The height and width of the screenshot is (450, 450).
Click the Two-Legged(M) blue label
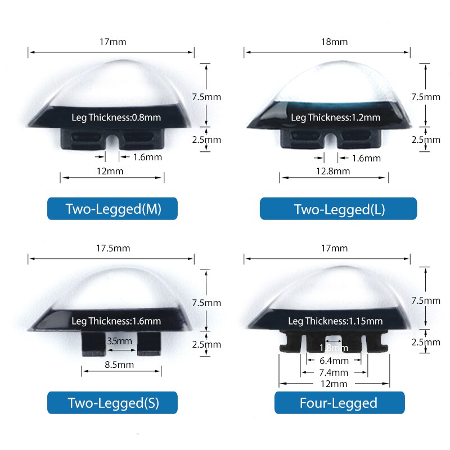click(x=112, y=209)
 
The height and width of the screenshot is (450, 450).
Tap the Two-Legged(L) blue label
click(x=339, y=209)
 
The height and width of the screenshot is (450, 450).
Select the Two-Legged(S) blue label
click(x=112, y=403)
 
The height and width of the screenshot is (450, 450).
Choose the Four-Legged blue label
click(x=339, y=403)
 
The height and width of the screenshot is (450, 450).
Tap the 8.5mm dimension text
click(x=120, y=364)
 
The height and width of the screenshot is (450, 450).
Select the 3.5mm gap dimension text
click(x=119, y=341)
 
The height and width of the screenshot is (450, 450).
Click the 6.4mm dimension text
click(x=334, y=361)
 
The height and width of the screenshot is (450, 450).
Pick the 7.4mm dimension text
click(x=334, y=372)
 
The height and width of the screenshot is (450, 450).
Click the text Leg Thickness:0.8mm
click(x=116, y=118)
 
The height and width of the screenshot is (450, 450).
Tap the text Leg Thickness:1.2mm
click(x=336, y=118)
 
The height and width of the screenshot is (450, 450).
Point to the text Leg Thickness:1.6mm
click(x=116, y=321)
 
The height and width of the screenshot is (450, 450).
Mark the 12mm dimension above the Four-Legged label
click(x=334, y=384)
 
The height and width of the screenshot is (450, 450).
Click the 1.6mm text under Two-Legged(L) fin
click(x=366, y=158)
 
